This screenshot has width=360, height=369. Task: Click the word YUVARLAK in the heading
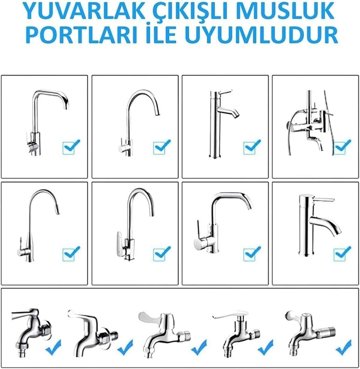point(84,10)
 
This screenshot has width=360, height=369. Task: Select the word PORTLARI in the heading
point(81,35)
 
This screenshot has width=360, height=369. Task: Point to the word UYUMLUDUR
point(261,35)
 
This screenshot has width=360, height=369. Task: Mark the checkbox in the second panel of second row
point(162,254)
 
